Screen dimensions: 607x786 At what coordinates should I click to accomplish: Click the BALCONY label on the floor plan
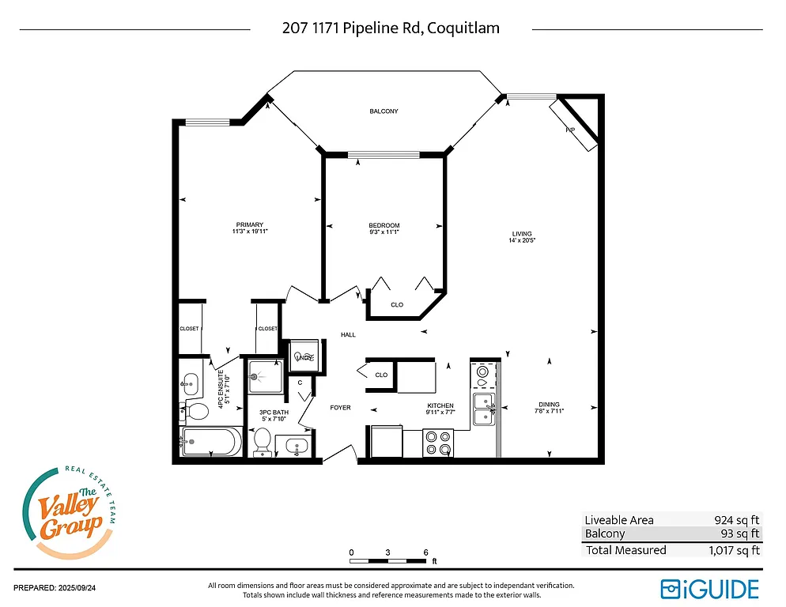384,111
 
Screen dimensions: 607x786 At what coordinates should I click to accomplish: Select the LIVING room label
522,234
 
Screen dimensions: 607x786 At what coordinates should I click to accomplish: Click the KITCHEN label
440,406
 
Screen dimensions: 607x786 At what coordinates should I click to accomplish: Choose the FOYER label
340,408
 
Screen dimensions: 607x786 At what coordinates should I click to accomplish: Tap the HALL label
348,335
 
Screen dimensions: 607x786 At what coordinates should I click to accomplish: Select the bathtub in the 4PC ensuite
211,442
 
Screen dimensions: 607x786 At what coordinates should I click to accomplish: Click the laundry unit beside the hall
304,356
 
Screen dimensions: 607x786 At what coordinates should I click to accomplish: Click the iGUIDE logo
709,589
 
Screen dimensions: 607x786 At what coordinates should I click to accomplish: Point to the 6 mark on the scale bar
425,552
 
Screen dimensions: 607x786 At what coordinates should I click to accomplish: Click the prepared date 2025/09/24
60,588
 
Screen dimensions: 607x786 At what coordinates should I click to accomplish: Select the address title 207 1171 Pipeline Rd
391,28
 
